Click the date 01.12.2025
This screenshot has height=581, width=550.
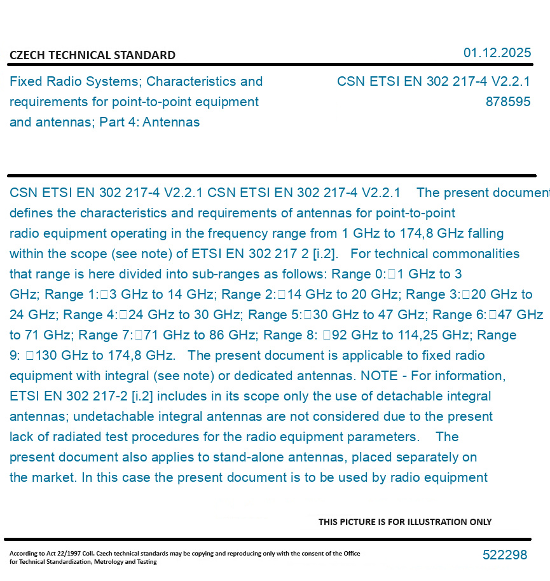point(497,53)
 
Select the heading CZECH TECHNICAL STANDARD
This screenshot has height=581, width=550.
point(92,55)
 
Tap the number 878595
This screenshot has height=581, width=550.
point(507,102)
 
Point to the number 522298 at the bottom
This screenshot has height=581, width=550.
point(504,555)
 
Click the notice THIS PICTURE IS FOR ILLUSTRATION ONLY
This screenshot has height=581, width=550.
point(405,522)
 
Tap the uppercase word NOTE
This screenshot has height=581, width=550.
point(380,376)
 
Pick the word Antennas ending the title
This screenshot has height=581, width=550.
point(171,122)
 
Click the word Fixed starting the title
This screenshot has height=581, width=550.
point(25,81)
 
